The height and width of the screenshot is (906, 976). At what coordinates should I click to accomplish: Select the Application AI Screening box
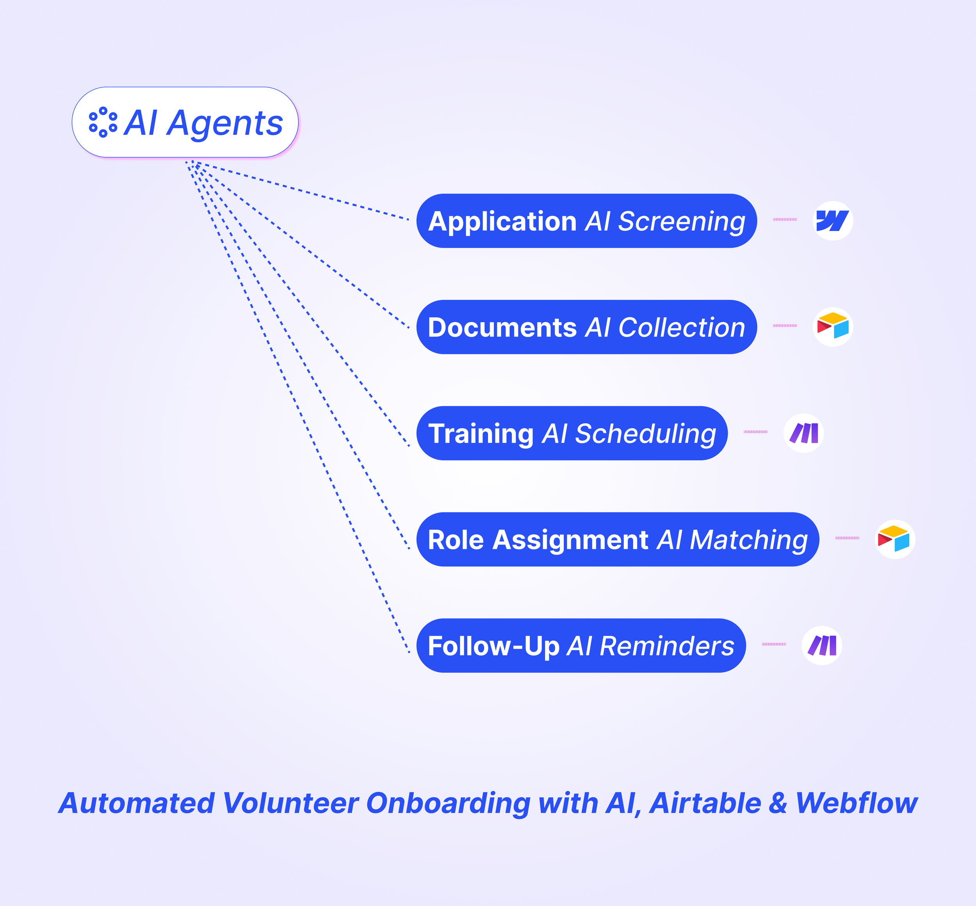coord(586,221)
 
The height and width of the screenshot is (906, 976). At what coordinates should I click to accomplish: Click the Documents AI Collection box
coord(586,327)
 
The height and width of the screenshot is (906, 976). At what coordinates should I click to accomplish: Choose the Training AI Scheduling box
coord(572,433)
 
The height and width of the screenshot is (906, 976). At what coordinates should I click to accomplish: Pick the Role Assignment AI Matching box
coord(617,539)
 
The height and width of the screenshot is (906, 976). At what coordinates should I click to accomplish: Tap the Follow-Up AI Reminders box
coord(581,646)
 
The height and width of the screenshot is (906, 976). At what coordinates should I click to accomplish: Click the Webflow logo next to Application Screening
coord(832,221)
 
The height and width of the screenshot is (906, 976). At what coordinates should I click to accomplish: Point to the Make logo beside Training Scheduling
coord(803,433)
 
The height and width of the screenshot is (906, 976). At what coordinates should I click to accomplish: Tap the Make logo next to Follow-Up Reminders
coord(821,645)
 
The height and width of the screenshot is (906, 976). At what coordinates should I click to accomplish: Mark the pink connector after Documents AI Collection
coord(785,326)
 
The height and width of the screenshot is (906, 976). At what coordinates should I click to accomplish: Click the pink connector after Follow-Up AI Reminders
coord(773,644)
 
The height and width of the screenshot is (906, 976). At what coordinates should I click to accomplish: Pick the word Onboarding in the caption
coord(448,804)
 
